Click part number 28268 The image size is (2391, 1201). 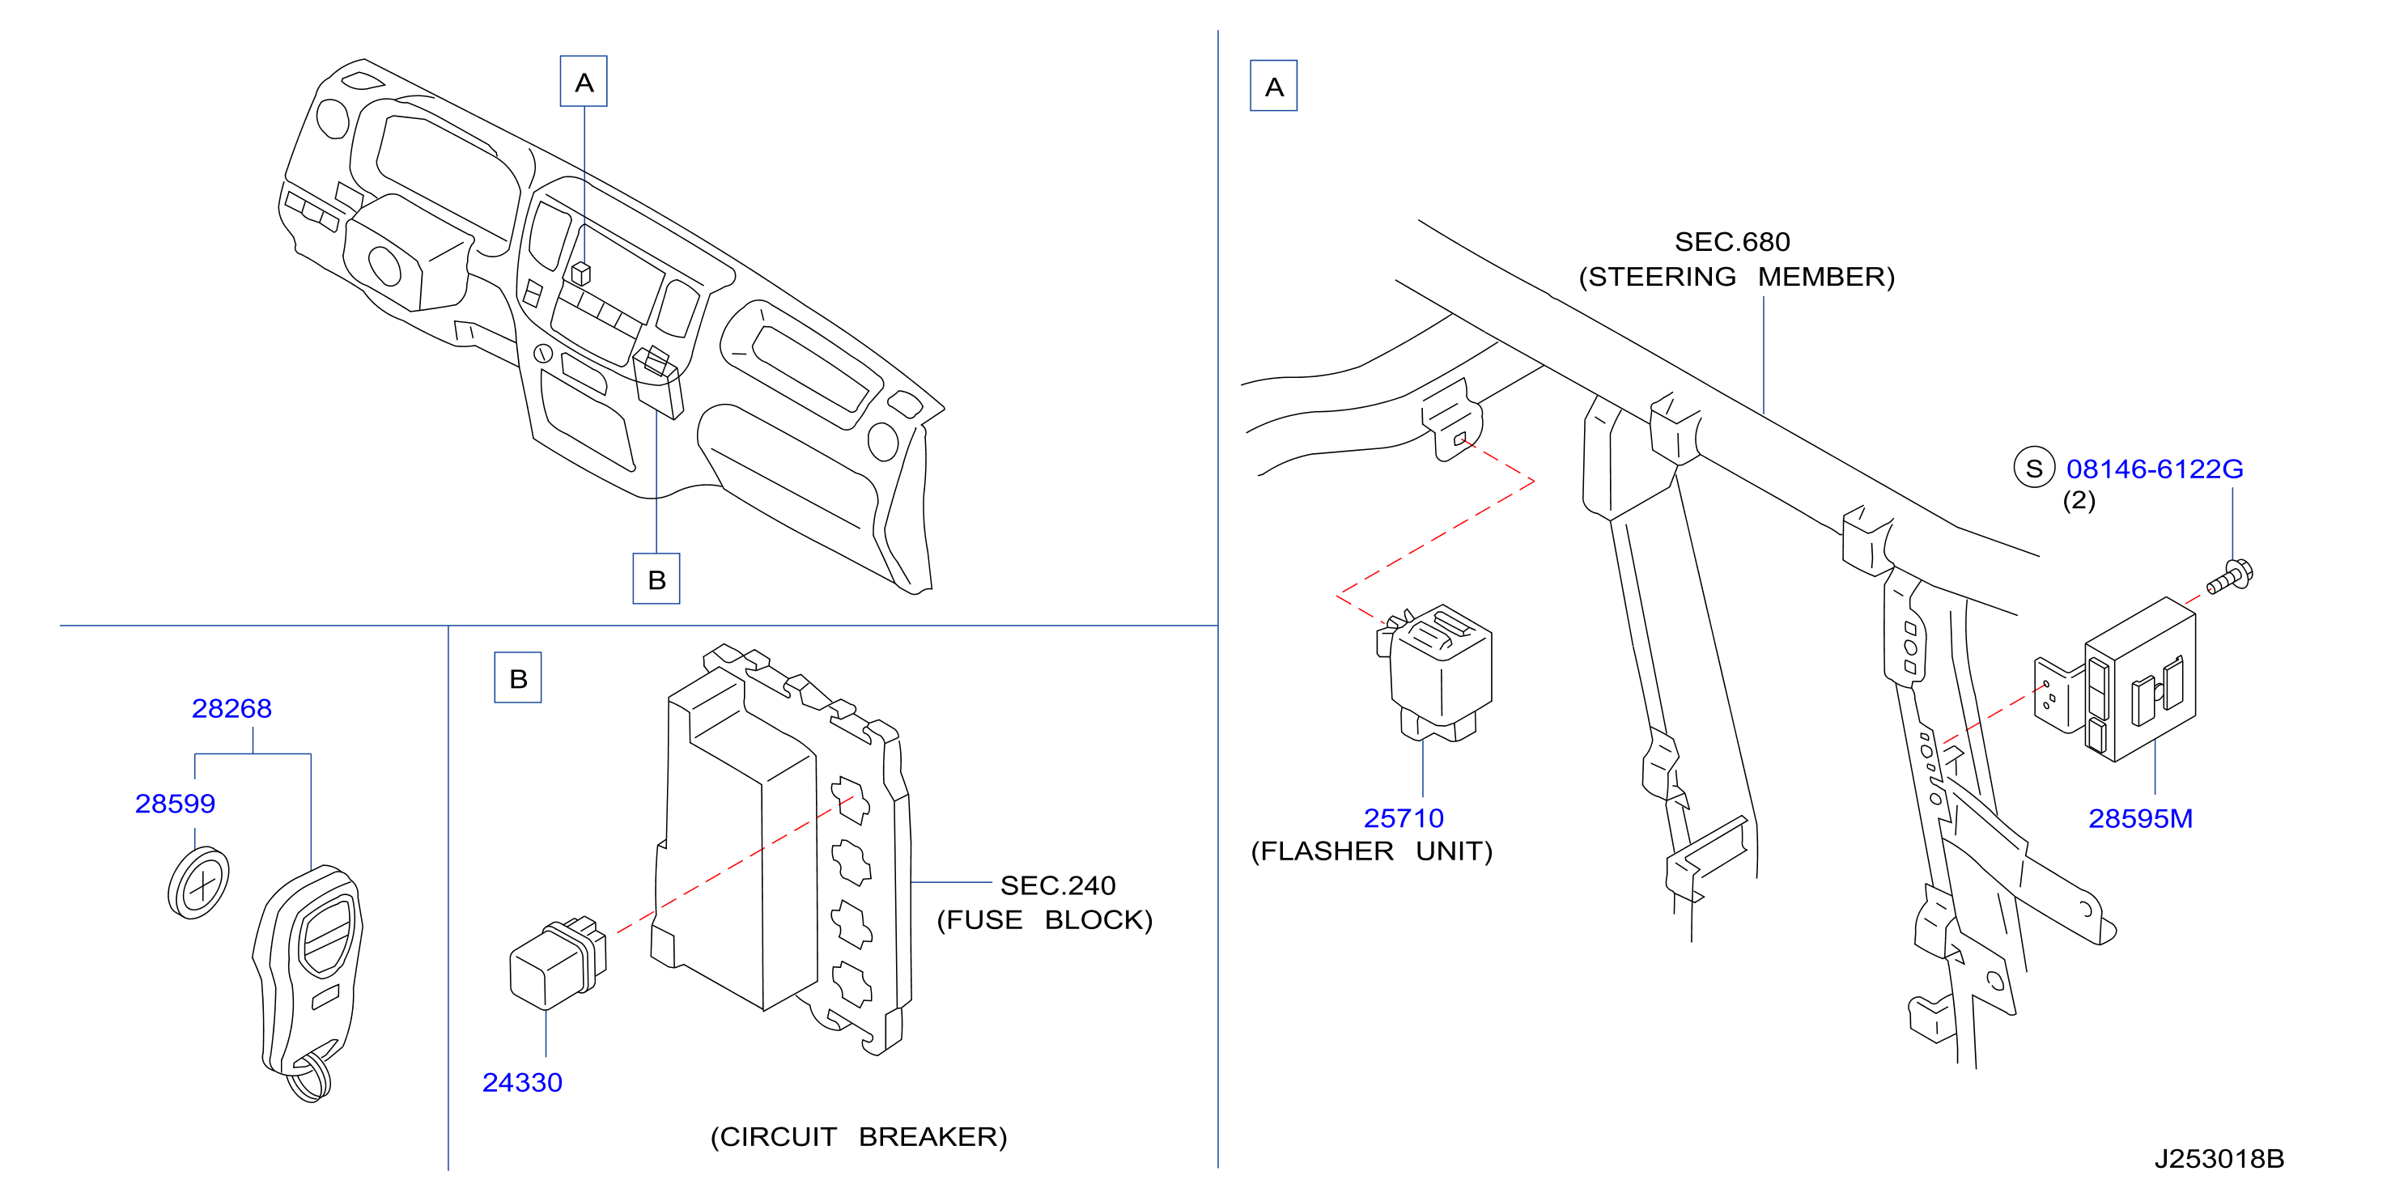tap(231, 709)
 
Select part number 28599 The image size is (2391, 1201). tap(175, 804)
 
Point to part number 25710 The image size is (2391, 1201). tap(1404, 819)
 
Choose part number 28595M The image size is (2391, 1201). tap(2140, 819)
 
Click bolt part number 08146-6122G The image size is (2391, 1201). tap(2155, 469)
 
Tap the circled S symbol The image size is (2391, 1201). tap(2034, 469)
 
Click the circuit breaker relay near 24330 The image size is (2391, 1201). tap(558, 962)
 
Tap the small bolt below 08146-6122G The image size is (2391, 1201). tap(2229, 577)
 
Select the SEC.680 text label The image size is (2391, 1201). tap(1732, 242)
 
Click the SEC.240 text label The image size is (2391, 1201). tap(1057, 885)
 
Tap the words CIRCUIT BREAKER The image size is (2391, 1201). tap(859, 1137)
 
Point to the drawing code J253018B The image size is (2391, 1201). tap(2219, 1159)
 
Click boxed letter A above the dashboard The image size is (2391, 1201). tap(584, 82)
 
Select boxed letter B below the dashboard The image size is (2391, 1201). tap(656, 579)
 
